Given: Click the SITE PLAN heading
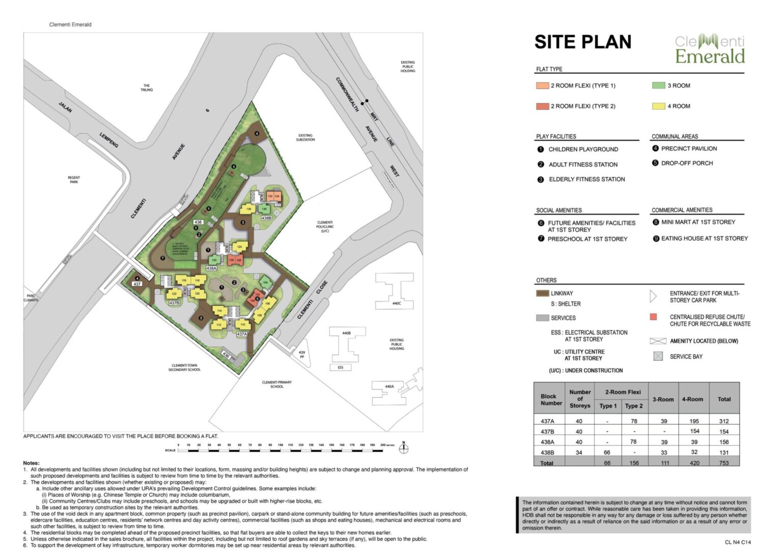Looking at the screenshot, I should [x=582, y=42].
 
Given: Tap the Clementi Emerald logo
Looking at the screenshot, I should [x=710, y=49].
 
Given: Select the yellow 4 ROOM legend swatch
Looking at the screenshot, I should [x=658, y=106].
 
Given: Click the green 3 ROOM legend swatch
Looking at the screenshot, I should [x=658, y=86].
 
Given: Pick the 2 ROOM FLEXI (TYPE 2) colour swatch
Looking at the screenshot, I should [x=542, y=106].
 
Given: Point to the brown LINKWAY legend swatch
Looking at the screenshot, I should [x=542, y=293].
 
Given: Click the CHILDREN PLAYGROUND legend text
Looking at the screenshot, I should [x=583, y=149].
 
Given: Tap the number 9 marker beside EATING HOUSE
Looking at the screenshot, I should [x=656, y=238].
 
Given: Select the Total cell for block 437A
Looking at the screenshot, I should [x=723, y=421].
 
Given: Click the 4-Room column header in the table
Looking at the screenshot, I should [x=692, y=399].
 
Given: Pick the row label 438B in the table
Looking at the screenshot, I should [x=547, y=452].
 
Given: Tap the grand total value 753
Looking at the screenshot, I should [x=723, y=463].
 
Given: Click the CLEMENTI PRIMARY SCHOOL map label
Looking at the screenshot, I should [x=277, y=384].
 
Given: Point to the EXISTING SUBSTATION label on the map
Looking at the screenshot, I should [x=305, y=137].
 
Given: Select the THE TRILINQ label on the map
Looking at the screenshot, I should [x=147, y=88].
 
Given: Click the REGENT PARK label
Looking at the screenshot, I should [x=74, y=180].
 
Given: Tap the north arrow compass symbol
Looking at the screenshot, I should [x=404, y=449].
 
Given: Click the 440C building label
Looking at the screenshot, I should [x=396, y=303].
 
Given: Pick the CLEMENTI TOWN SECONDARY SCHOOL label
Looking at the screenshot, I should [x=184, y=368].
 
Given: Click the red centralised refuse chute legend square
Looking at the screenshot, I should [x=654, y=317].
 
